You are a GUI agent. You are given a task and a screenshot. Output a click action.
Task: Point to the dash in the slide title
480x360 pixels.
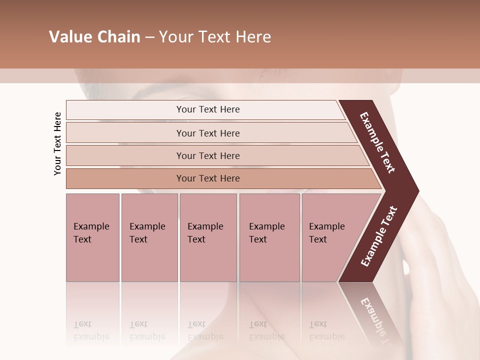tap(149, 37)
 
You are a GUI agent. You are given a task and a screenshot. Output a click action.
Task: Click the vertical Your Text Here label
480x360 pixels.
tap(57, 143)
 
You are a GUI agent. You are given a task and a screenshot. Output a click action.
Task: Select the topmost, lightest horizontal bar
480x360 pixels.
tap(205, 109)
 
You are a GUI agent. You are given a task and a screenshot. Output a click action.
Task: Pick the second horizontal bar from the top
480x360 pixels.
tap(208, 133)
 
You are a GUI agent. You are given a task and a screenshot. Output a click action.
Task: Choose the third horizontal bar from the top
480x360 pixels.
tap(208, 155)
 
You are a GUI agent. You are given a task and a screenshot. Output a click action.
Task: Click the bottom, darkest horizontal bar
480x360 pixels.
tap(208, 178)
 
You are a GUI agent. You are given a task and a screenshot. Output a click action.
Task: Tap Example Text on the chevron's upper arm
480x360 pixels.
tap(377, 142)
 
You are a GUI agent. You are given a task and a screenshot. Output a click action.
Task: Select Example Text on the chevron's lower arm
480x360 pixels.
tap(378, 236)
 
